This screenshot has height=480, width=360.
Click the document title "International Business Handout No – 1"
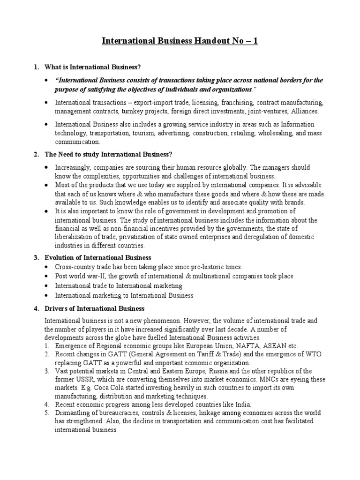click(180, 41)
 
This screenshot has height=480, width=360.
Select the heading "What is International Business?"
click(92, 67)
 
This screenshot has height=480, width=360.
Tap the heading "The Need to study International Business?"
click(109, 155)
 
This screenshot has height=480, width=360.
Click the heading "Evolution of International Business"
click(97, 257)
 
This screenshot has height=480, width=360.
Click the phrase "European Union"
click(216, 346)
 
